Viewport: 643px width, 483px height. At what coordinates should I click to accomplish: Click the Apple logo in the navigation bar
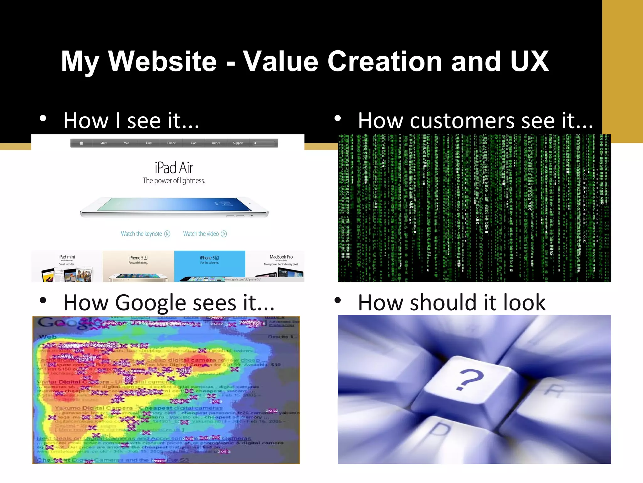click(81, 143)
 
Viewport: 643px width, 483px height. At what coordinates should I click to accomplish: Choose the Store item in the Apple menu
click(104, 143)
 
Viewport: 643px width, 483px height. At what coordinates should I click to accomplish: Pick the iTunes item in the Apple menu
click(216, 143)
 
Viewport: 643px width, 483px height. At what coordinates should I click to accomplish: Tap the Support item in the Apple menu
click(238, 143)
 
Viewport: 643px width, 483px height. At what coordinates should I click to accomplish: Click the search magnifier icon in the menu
click(255, 143)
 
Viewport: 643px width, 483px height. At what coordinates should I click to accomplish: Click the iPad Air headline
click(174, 168)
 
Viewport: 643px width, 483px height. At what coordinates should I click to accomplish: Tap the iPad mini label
click(67, 257)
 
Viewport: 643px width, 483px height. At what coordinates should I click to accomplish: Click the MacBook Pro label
click(281, 257)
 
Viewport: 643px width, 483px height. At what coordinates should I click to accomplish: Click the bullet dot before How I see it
click(43, 119)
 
